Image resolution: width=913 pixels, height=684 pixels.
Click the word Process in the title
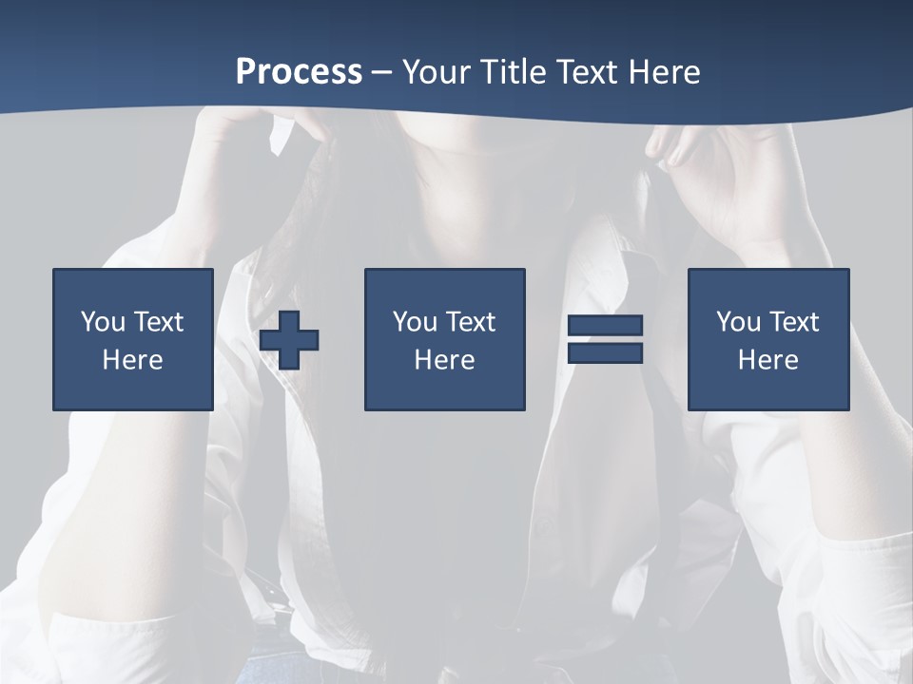299,72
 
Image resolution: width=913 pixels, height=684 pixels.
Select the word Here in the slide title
664,72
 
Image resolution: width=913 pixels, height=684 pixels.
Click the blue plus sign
289,340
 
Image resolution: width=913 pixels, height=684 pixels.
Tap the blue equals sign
605,339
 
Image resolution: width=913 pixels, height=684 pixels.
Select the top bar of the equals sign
605,326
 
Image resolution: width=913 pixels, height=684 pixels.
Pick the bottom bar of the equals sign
605,352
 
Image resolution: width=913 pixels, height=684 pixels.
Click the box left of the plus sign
132,339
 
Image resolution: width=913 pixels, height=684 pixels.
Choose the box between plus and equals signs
444,339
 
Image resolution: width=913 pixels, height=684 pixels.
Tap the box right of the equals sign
767,339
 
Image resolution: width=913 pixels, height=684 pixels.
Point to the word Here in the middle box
444,360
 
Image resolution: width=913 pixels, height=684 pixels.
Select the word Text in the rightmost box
792,322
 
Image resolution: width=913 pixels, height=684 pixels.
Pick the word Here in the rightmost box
767,360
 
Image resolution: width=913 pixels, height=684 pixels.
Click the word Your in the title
435,72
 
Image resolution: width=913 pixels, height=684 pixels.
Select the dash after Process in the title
382,72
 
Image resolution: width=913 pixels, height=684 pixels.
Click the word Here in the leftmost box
132,360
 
